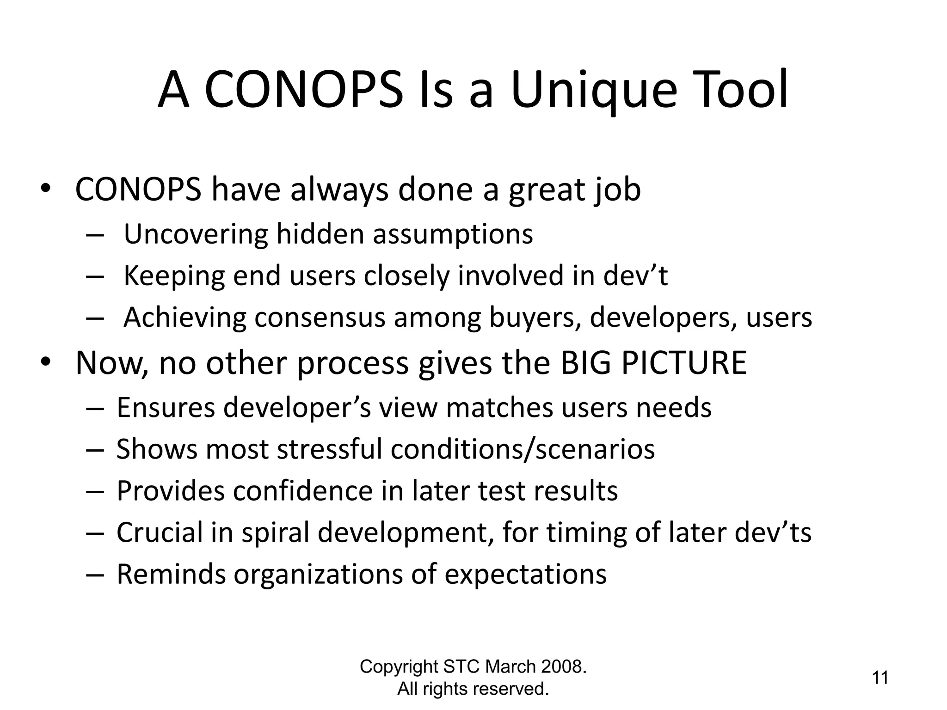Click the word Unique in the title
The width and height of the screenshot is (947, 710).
[x=594, y=90]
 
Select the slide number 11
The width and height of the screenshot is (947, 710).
[x=880, y=678]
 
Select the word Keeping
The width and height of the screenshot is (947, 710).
[x=174, y=276]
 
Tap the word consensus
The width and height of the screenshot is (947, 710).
[x=320, y=318]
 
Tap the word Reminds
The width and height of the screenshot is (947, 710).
[x=171, y=574]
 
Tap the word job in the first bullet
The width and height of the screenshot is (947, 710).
[x=617, y=190]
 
